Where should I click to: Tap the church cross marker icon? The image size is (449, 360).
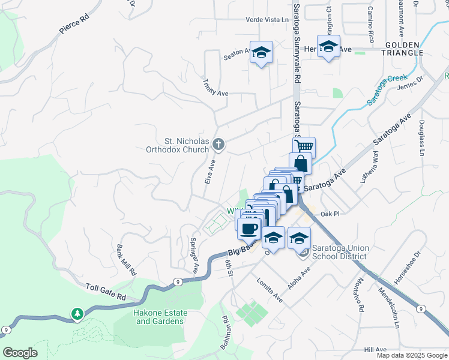pos(219,144)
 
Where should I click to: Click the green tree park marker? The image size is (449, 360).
pos(77,314)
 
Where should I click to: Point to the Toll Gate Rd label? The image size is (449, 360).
pos(106,289)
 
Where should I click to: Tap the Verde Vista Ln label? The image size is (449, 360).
pos(267,19)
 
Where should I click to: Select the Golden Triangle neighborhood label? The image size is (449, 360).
pos(404,49)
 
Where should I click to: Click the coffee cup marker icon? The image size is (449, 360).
pos(249,227)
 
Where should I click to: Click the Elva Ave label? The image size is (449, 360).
pos(210,171)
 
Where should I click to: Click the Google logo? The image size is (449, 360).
pos(19,353)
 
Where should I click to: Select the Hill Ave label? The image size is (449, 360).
pos(376,349)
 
